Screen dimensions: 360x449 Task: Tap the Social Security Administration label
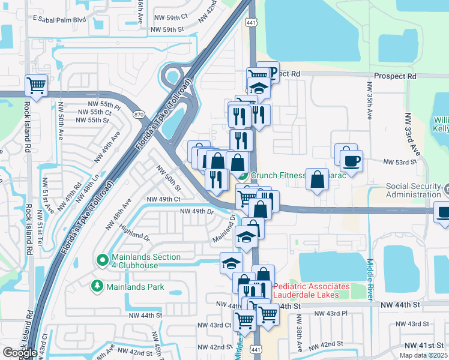417,190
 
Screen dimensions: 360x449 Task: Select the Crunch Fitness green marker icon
243,176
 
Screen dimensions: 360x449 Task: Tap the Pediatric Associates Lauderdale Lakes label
311,290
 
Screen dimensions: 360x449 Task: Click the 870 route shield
139,114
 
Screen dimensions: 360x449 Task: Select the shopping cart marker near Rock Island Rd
37,85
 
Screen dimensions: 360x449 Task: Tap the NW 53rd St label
400,162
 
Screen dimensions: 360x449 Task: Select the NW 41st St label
425,345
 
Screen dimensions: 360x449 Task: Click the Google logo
19,353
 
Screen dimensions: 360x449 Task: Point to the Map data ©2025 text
423,355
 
